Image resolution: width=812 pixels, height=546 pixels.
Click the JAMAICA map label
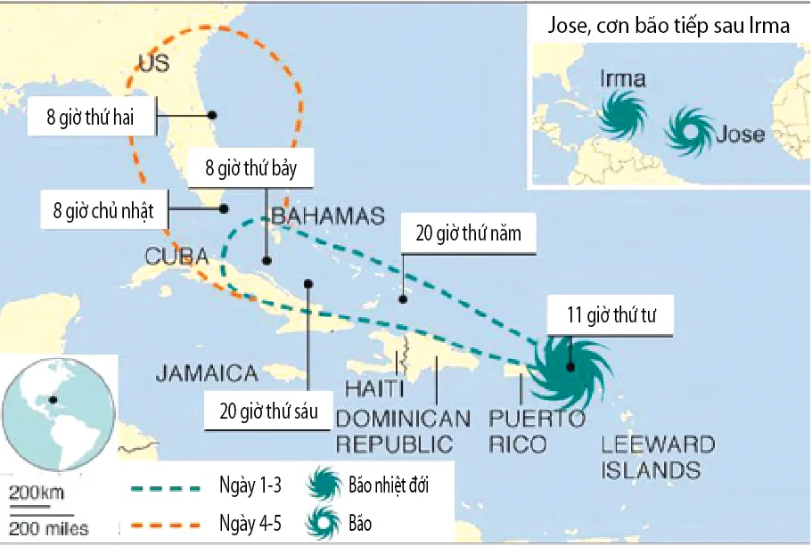pyautogui.click(x=207, y=373)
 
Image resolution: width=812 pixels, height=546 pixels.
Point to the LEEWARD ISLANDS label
pyautogui.click(x=658, y=457)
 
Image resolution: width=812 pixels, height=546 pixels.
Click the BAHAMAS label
pyautogui.click(x=327, y=216)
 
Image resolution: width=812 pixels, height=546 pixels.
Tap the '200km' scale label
pyautogui.click(x=37, y=493)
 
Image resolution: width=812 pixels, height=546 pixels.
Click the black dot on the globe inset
pyautogui.click(x=53, y=401)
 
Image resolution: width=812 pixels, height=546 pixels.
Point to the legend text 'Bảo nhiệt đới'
pyautogui.click(x=393, y=486)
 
